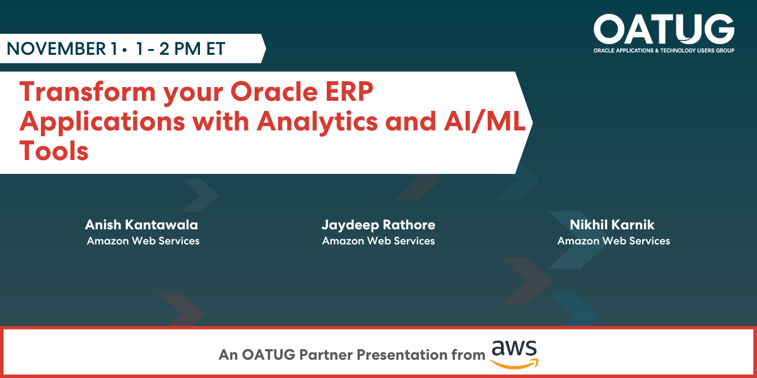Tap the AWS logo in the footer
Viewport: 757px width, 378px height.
(x=513, y=353)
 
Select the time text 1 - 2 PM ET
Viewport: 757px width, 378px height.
(x=180, y=49)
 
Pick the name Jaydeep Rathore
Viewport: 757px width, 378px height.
(x=378, y=225)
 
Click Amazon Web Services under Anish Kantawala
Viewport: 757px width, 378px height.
(x=143, y=241)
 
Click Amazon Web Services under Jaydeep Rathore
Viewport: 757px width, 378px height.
(x=378, y=241)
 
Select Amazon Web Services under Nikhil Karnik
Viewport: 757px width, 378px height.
(x=614, y=241)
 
